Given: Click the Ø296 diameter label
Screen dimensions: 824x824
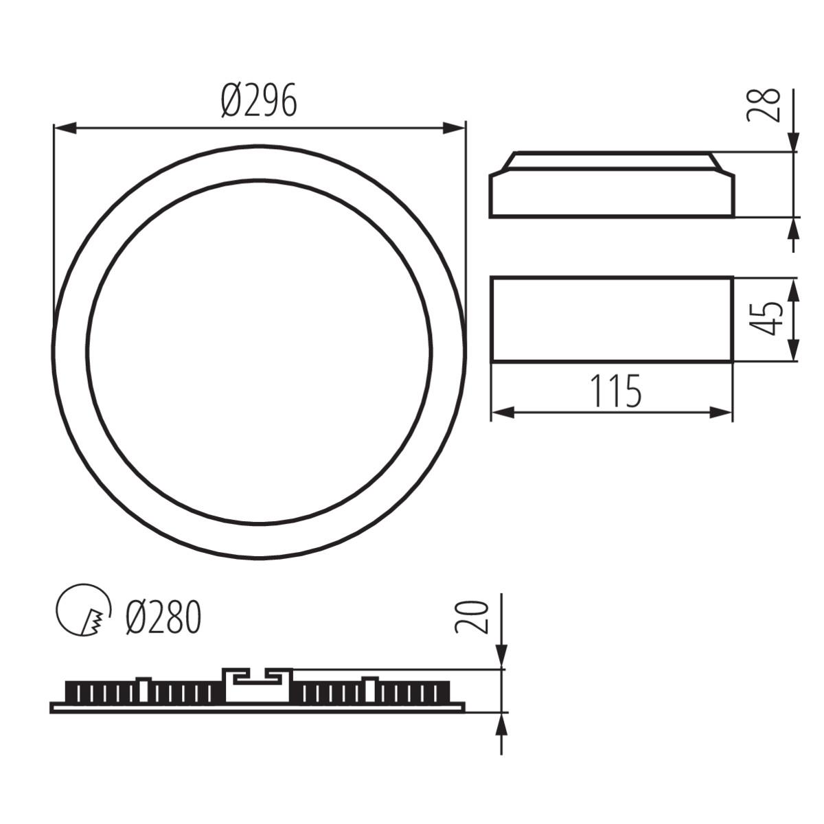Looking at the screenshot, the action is tap(260, 101).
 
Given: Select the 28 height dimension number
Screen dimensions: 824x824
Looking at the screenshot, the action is tap(764, 104).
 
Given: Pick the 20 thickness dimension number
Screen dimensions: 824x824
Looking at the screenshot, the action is tap(471, 616).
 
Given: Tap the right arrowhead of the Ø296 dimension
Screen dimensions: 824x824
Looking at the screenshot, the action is tap(455, 128).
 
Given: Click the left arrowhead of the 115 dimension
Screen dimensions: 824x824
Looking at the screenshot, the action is tap(503, 412).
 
